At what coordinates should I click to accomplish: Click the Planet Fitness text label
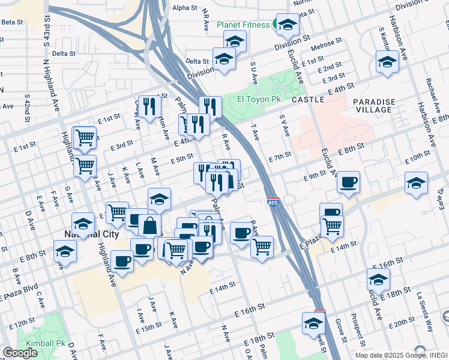(243, 25)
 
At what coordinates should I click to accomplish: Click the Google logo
(20, 352)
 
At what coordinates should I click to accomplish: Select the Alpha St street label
(184, 8)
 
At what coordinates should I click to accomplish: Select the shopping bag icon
(149, 226)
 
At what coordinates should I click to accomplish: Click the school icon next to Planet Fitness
(288, 24)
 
